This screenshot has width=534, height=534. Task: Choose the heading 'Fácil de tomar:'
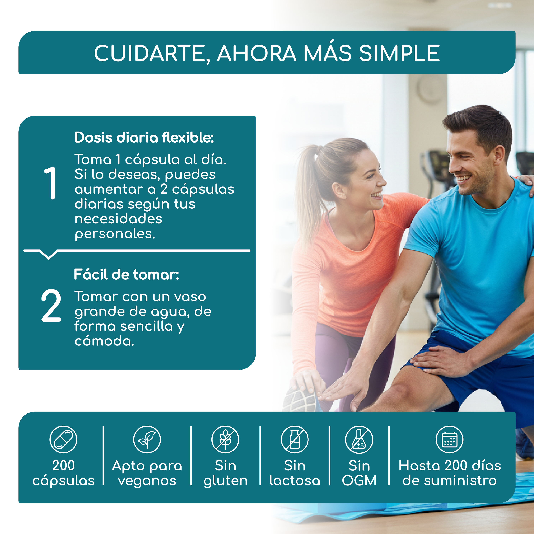point(127,274)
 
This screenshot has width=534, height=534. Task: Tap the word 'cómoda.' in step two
point(104,341)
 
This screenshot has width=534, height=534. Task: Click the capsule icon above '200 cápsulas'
point(63,439)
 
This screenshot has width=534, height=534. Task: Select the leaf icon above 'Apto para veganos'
point(147,439)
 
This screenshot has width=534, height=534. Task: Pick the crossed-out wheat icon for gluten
point(225,439)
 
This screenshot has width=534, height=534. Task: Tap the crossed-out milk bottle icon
point(295,439)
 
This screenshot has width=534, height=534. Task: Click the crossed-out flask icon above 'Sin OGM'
point(359,439)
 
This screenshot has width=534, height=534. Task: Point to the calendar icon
point(449,439)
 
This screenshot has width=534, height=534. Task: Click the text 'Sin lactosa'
point(295,473)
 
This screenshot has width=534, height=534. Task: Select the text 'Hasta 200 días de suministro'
point(450,473)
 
